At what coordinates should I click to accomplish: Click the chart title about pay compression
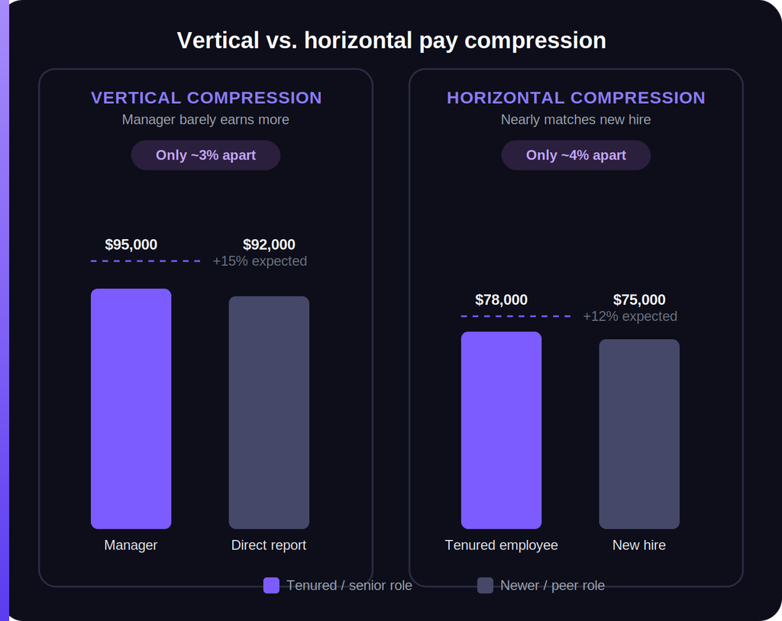pyautogui.click(x=392, y=40)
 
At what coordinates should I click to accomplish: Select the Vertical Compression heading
pyautogui.click(x=206, y=98)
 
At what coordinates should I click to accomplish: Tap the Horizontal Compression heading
pyautogui.click(x=576, y=98)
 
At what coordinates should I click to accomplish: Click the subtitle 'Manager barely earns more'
pyautogui.click(x=205, y=120)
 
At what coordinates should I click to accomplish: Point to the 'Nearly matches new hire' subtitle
pyautogui.click(x=576, y=120)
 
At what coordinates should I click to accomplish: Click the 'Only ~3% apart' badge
pyautogui.click(x=205, y=155)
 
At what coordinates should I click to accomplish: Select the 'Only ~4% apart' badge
pyautogui.click(x=576, y=155)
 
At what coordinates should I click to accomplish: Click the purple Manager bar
pyautogui.click(x=131, y=409)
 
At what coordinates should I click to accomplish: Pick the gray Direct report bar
pyautogui.click(x=269, y=412)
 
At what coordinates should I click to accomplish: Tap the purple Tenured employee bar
pyautogui.click(x=501, y=430)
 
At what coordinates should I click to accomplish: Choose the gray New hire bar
pyautogui.click(x=639, y=434)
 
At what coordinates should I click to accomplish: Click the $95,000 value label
pyautogui.click(x=131, y=244)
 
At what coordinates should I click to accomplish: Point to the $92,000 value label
pyautogui.click(x=269, y=244)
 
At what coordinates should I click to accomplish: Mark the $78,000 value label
pyautogui.click(x=501, y=299)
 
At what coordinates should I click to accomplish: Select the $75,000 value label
pyautogui.click(x=639, y=299)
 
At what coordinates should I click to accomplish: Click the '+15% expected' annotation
pyautogui.click(x=260, y=261)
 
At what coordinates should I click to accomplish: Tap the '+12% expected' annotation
pyautogui.click(x=630, y=316)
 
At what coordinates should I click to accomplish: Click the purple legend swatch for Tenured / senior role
pyautogui.click(x=271, y=586)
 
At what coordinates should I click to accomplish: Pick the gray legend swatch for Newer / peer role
pyautogui.click(x=485, y=586)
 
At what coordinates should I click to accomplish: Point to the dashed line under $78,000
pyautogui.click(x=515, y=316)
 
